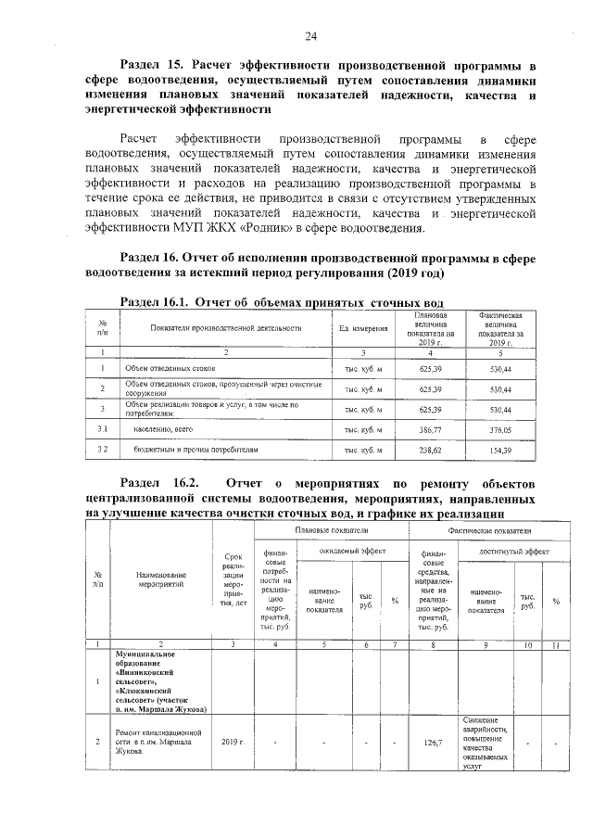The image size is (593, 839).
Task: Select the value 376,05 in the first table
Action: click(x=500, y=429)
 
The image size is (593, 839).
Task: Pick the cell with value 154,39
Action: click(x=500, y=450)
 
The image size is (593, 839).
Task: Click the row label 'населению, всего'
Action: click(x=164, y=429)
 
